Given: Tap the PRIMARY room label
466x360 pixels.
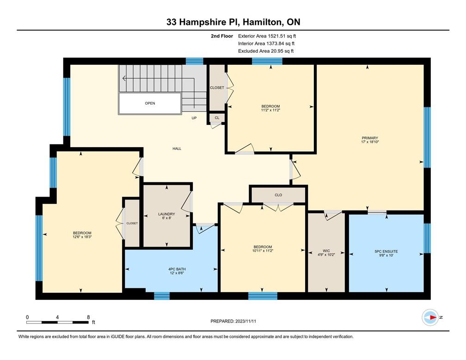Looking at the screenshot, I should click(x=370, y=138).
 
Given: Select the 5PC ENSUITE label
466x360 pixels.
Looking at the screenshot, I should click(x=386, y=251).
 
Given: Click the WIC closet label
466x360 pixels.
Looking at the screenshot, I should click(x=326, y=251).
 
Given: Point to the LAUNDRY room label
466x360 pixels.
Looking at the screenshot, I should click(x=166, y=214).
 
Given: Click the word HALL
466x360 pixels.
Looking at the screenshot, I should click(x=177, y=149).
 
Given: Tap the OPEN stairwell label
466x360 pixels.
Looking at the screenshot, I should click(x=150, y=103).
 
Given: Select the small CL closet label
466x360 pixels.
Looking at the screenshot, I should click(x=217, y=118).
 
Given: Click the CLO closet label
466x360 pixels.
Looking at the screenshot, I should click(x=278, y=195).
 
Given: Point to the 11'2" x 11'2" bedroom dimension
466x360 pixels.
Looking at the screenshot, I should click(x=270, y=110).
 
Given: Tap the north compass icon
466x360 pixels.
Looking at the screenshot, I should click(x=430, y=317).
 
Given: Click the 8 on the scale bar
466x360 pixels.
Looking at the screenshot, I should click(x=88, y=317).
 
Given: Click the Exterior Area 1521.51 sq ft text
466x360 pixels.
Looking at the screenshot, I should click(x=266, y=36).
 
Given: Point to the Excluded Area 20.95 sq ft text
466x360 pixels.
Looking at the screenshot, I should click(x=266, y=51).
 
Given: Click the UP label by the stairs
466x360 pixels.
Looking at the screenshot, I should click(x=195, y=118).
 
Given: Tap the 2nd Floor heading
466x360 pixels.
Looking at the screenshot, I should click(x=221, y=36).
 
